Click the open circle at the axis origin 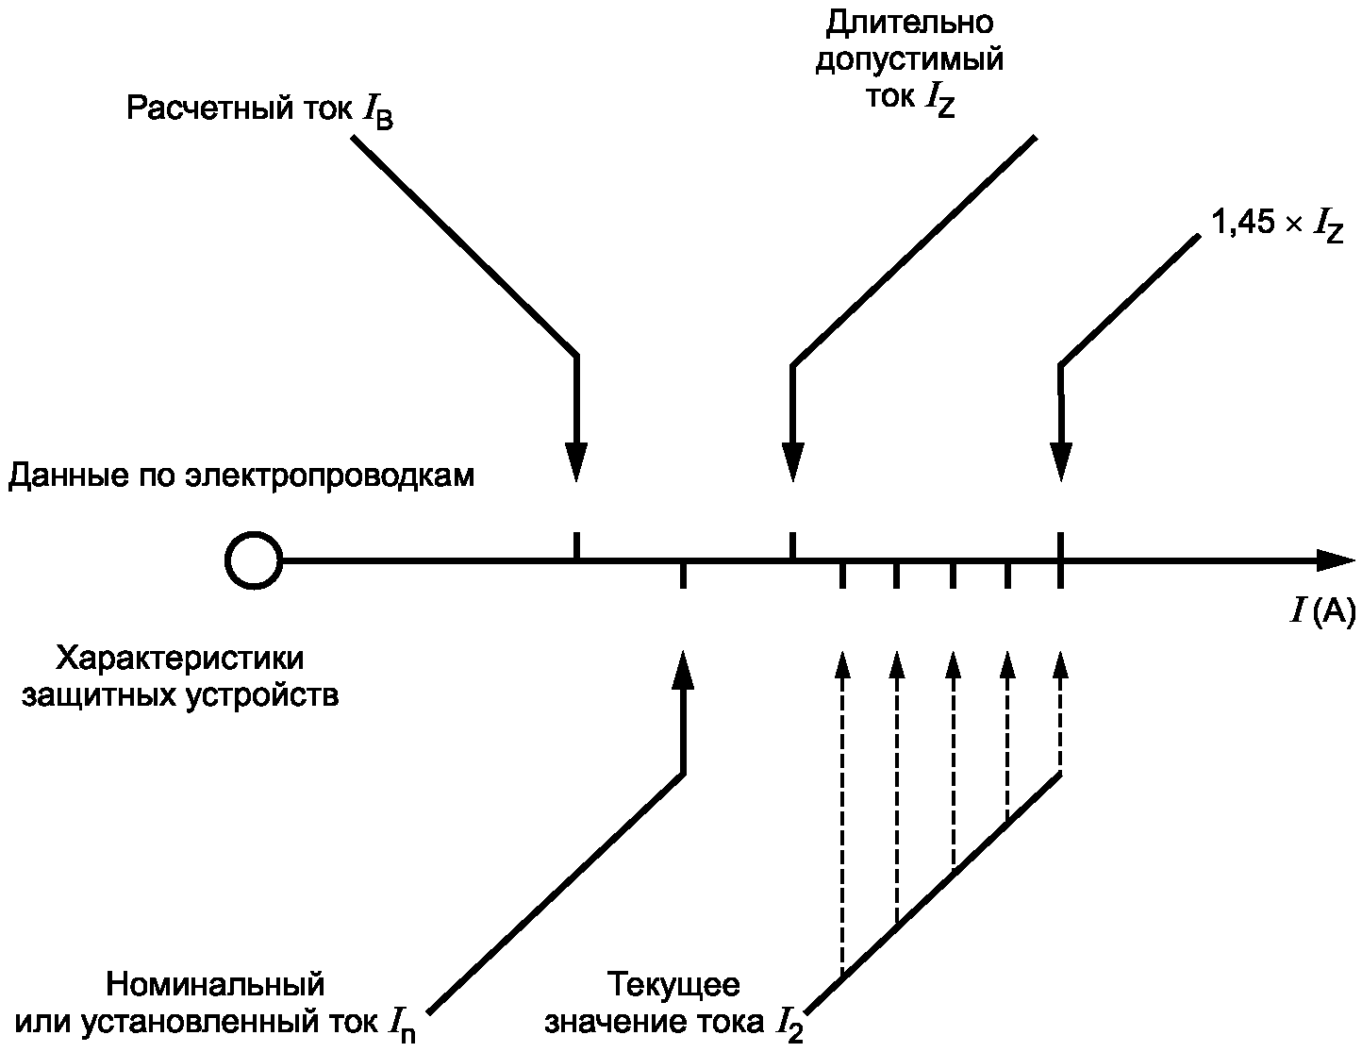[253, 560]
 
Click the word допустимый [908, 61]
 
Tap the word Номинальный [215, 984]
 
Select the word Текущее [673, 984]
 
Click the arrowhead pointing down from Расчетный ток [576, 461]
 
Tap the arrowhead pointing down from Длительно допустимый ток [792, 461]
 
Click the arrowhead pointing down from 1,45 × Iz [1061, 461]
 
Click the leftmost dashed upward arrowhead [842, 664]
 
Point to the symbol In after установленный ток [400, 1025]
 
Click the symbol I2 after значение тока [789, 1025]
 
